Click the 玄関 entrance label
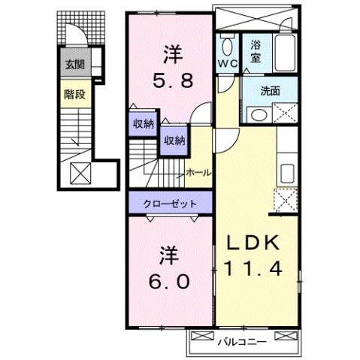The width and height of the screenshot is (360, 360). pyautogui.click(x=74, y=65)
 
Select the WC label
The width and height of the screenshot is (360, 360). pyautogui.click(x=228, y=65)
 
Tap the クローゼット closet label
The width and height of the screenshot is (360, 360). pyautogui.click(x=171, y=203)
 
